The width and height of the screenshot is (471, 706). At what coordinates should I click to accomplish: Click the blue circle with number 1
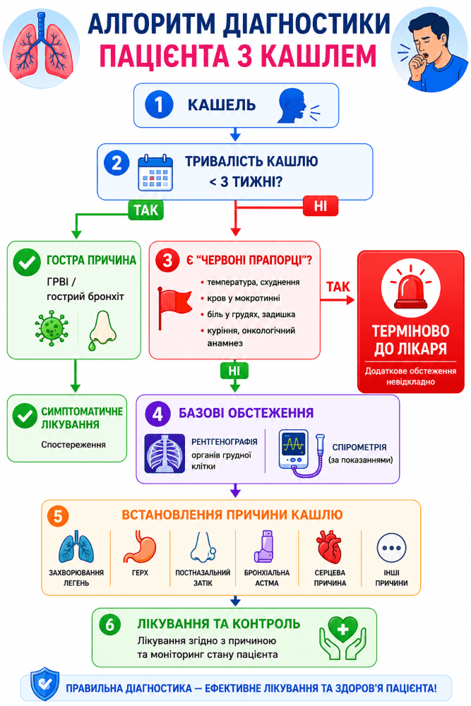click(x=159, y=104)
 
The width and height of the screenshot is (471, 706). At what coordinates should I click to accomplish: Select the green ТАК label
click(x=146, y=210)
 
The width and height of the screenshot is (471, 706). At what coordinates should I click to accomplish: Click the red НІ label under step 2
click(x=320, y=205)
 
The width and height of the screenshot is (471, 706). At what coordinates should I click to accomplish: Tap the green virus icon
click(x=52, y=328)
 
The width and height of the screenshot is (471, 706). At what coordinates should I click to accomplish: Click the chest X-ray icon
click(x=165, y=453)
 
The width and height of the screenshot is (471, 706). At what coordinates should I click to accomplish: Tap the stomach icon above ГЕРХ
click(x=139, y=546)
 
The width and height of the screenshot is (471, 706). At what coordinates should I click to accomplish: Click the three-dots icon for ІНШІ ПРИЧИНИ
click(x=391, y=548)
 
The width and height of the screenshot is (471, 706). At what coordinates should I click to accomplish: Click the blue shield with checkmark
click(x=44, y=684)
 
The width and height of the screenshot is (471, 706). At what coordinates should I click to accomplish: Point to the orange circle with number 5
click(x=58, y=515)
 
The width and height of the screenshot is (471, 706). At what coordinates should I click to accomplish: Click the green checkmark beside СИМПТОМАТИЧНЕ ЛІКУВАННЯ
click(x=25, y=416)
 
